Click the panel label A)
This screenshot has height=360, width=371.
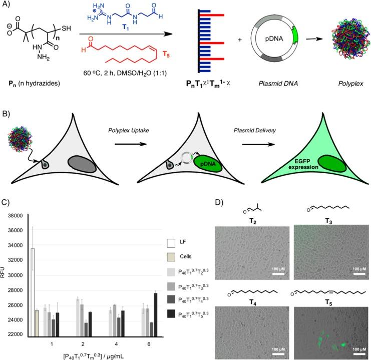(x=8, y=6)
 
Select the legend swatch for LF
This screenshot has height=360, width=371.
(x=171, y=243)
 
